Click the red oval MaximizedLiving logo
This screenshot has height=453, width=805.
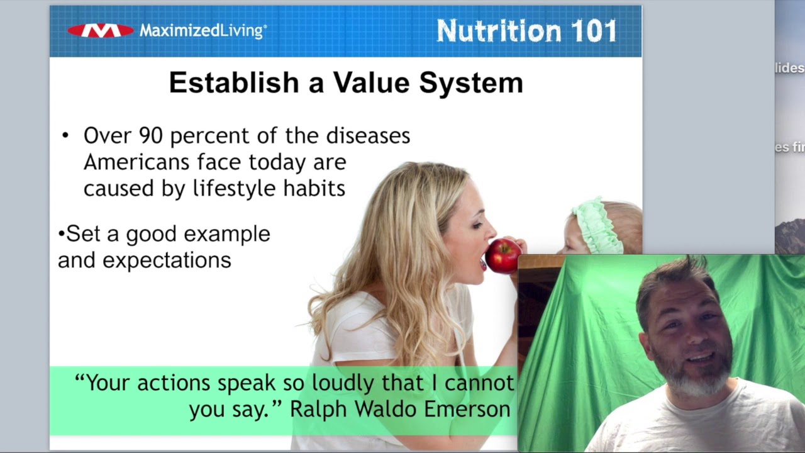[x=101, y=30]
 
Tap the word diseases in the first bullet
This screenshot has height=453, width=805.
[x=368, y=136]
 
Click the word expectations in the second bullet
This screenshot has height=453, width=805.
[x=167, y=260]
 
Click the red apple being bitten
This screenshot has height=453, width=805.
[x=502, y=255]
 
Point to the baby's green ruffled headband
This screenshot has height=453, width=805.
[x=594, y=223]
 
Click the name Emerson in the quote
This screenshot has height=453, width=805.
[x=467, y=409]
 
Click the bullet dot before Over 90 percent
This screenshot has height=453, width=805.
[x=65, y=136]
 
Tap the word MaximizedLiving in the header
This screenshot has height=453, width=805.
[x=203, y=30]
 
